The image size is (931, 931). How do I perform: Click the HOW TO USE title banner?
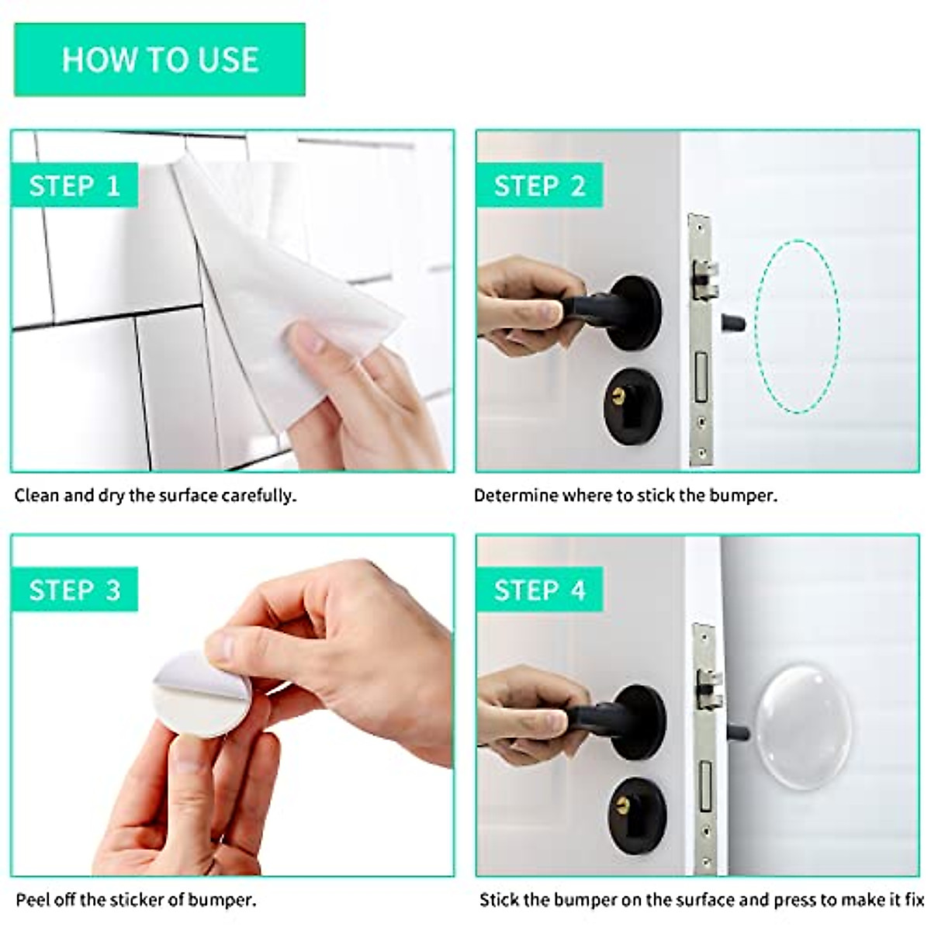point(160,60)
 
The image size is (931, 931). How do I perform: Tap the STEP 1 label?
point(74,185)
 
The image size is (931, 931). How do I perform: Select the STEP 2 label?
point(539,185)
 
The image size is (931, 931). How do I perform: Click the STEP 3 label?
point(74,590)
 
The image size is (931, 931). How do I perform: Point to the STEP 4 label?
point(539,590)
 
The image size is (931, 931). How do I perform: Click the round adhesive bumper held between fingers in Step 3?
point(200,695)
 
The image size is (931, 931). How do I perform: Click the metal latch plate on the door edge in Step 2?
point(701,341)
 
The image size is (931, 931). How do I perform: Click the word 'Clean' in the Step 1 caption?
point(36,496)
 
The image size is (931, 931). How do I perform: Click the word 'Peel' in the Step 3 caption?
point(32,900)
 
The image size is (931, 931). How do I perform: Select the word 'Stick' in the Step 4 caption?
point(499,900)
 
